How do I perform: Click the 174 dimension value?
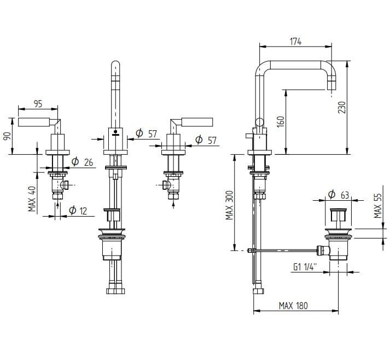[x=296, y=40]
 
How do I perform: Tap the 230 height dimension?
[x=341, y=106]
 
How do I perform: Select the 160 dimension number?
[x=281, y=121]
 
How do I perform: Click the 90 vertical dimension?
[x=7, y=136]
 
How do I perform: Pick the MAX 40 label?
[x=32, y=199]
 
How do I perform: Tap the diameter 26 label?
[x=82, y=162]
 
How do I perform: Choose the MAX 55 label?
[x=378, y=205]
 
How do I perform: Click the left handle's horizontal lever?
[x=36, y=121]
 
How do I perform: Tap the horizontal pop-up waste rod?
[x=284, y=251]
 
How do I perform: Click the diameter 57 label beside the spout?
[x=145, y=133]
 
